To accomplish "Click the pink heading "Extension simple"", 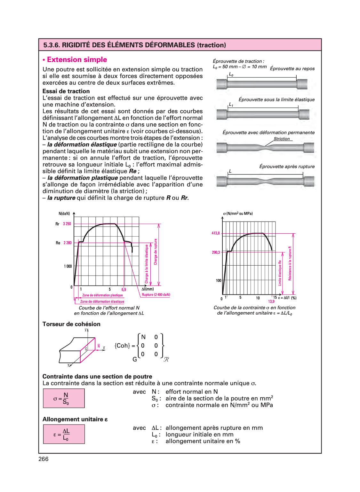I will [x=77, y=60].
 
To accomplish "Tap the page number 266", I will [x=44, y=459].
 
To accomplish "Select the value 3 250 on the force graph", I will [x=67, y=224].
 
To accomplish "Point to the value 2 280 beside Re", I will [x=68, y=243].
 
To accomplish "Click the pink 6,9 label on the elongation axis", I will [x=124, y=290].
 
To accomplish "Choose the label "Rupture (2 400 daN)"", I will [x=156, y=295].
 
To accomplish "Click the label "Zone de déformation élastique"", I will [x=102, y=301].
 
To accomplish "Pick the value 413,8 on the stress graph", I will [x=216, y=233].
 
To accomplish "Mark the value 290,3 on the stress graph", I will [x=216, y=253].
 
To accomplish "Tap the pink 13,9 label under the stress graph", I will [x=271, y=301].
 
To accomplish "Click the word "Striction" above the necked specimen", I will [x=282, y=139].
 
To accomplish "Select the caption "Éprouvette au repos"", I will [x=292, y=69].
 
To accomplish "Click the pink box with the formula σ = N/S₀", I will [x=64, y=398].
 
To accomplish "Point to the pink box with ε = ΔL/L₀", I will [x=64, y=434].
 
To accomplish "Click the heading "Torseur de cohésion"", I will [x=71, y=324].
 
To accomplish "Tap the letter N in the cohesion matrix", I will [x=143, y=337].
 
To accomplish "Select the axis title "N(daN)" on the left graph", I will [x=64, y=214].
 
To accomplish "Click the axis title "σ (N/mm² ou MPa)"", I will [x=238, y=214].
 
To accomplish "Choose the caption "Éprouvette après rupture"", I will [x=287, y=167].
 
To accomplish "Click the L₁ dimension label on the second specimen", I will [x=231, y=105].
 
